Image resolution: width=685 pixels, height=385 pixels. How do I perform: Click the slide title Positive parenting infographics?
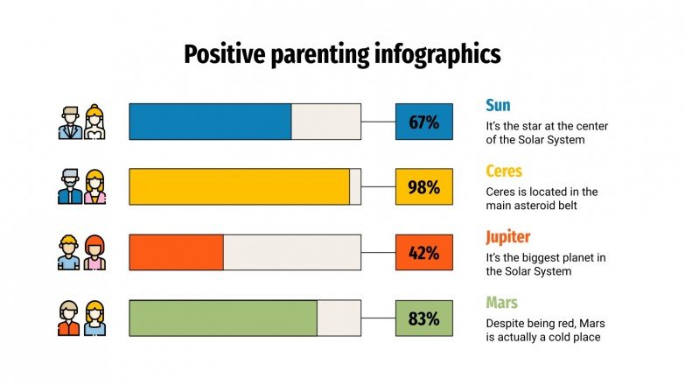[342, 54]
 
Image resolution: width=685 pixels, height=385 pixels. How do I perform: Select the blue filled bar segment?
[210, 122]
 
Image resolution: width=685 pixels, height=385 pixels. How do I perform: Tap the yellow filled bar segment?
[239, 186]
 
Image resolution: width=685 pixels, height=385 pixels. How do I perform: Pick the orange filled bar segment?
[176, 252]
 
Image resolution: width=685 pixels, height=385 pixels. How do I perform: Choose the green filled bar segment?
[223, 318]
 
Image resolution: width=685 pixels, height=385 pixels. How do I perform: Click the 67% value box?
[423, 122]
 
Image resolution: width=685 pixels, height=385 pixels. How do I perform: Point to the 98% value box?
[423, 186]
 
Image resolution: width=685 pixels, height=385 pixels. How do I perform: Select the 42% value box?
[423, 252]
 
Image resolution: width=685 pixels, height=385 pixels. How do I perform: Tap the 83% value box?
[423, 318]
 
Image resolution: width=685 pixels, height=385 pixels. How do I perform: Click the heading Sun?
[498, 106]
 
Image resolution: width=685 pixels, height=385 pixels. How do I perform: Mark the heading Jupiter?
[507, 237]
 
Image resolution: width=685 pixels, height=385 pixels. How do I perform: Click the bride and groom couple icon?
[82, 122]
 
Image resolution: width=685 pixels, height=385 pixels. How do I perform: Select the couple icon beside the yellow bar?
[82, 186]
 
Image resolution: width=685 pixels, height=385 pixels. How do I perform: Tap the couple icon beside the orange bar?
[82, 252]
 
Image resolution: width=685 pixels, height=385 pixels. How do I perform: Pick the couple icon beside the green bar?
[82, 318]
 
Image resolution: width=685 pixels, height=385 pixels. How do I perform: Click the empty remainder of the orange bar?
[291, 252]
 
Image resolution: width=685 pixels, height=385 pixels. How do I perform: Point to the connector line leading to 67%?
[378, 122]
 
